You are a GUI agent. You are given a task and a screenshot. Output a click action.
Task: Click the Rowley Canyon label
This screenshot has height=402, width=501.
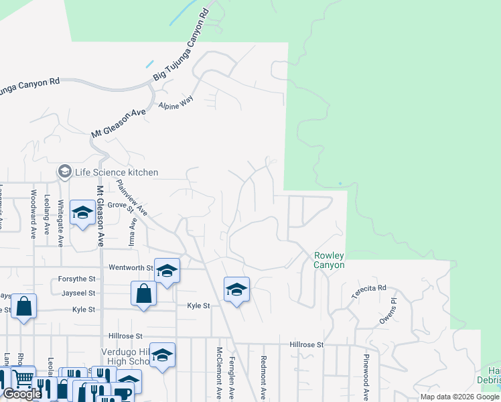(x=330, y=260)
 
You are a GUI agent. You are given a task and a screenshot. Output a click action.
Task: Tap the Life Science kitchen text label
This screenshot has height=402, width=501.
(x=117, y=172)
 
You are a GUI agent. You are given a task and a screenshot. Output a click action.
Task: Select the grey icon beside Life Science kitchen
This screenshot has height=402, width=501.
(x=65, y=172)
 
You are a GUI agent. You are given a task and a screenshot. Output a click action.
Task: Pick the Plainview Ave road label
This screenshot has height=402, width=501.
(x=132, y=196)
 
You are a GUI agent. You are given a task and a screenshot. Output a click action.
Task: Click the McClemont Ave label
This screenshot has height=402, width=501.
(x=219, y=372)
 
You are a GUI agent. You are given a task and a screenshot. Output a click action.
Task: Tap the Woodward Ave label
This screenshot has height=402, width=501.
(x=33, y=213)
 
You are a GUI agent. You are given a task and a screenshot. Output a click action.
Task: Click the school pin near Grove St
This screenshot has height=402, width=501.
(x=82, y=214)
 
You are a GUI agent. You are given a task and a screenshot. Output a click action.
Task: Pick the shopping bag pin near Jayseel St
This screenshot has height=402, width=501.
(x=144, y=295)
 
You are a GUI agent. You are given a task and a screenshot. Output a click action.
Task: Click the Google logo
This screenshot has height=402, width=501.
(x=22, y=394)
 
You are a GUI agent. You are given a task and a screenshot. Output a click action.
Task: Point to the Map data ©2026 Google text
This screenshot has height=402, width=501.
(x=459, y=397)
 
